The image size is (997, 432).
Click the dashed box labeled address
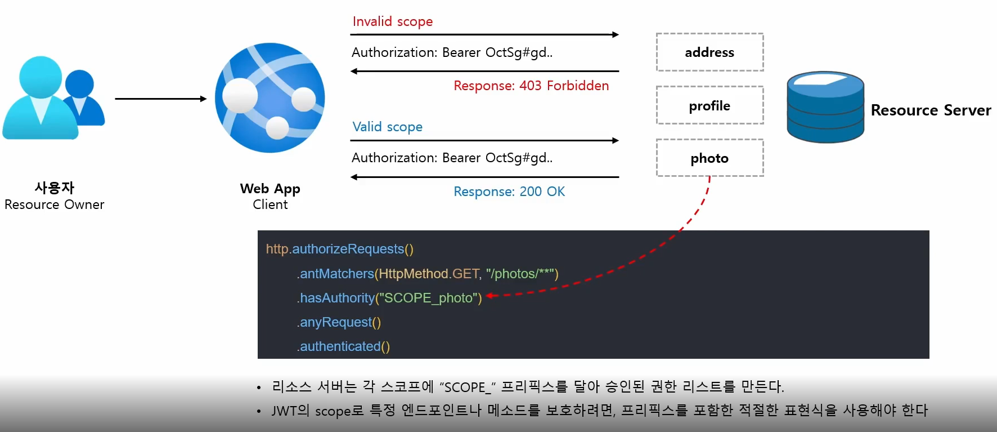[709, 52]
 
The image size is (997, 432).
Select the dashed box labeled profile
[709, 105]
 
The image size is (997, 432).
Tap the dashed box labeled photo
[709, 158]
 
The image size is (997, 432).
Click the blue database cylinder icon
[825, 107]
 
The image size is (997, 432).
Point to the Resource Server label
[931, 110]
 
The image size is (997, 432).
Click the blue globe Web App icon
[270, 98]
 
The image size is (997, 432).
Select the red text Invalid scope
[392, 21]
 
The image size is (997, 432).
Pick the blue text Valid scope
[387, 127]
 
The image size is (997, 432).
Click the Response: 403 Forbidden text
[531, 86]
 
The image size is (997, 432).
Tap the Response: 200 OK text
[509, 191]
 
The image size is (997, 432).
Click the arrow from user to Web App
[161, 99]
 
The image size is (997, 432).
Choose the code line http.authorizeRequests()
[339, 249]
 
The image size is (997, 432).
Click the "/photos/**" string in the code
[520, 274]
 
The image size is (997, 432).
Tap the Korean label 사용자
[55, 188]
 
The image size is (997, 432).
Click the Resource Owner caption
[55, 204]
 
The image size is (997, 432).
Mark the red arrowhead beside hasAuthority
[489, 295]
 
